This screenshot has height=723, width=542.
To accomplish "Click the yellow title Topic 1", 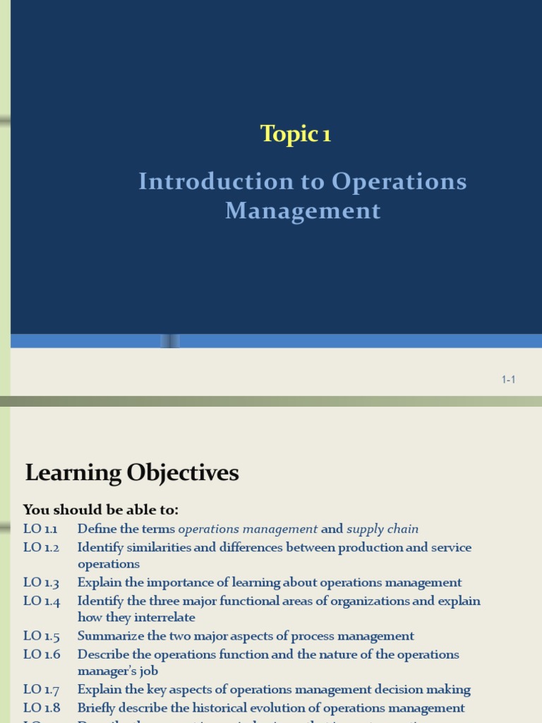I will pos(296,133).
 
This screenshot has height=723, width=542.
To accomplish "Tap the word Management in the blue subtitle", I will pos(303,210).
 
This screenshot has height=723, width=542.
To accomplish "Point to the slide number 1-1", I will pos(509,380).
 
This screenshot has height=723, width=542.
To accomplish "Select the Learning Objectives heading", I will pos(132,472).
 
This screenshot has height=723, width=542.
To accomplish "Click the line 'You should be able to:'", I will pos(101,510).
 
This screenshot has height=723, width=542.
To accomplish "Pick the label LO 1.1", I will pos(41,529).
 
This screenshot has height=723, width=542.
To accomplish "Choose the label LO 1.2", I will pos(41,547).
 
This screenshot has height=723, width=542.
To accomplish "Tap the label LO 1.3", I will pos(41,582).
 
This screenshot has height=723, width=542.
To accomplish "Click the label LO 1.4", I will pos(41,601).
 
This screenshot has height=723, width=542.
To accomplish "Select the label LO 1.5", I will pos(41,636).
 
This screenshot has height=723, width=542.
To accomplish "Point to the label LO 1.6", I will pos(41,655).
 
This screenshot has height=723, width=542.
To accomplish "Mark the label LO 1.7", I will pos(41,690).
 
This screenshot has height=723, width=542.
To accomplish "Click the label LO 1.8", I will pos(41,708).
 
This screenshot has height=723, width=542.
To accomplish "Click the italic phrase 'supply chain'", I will pos(383,529).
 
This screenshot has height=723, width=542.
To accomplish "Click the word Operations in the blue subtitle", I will pos(399,181).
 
